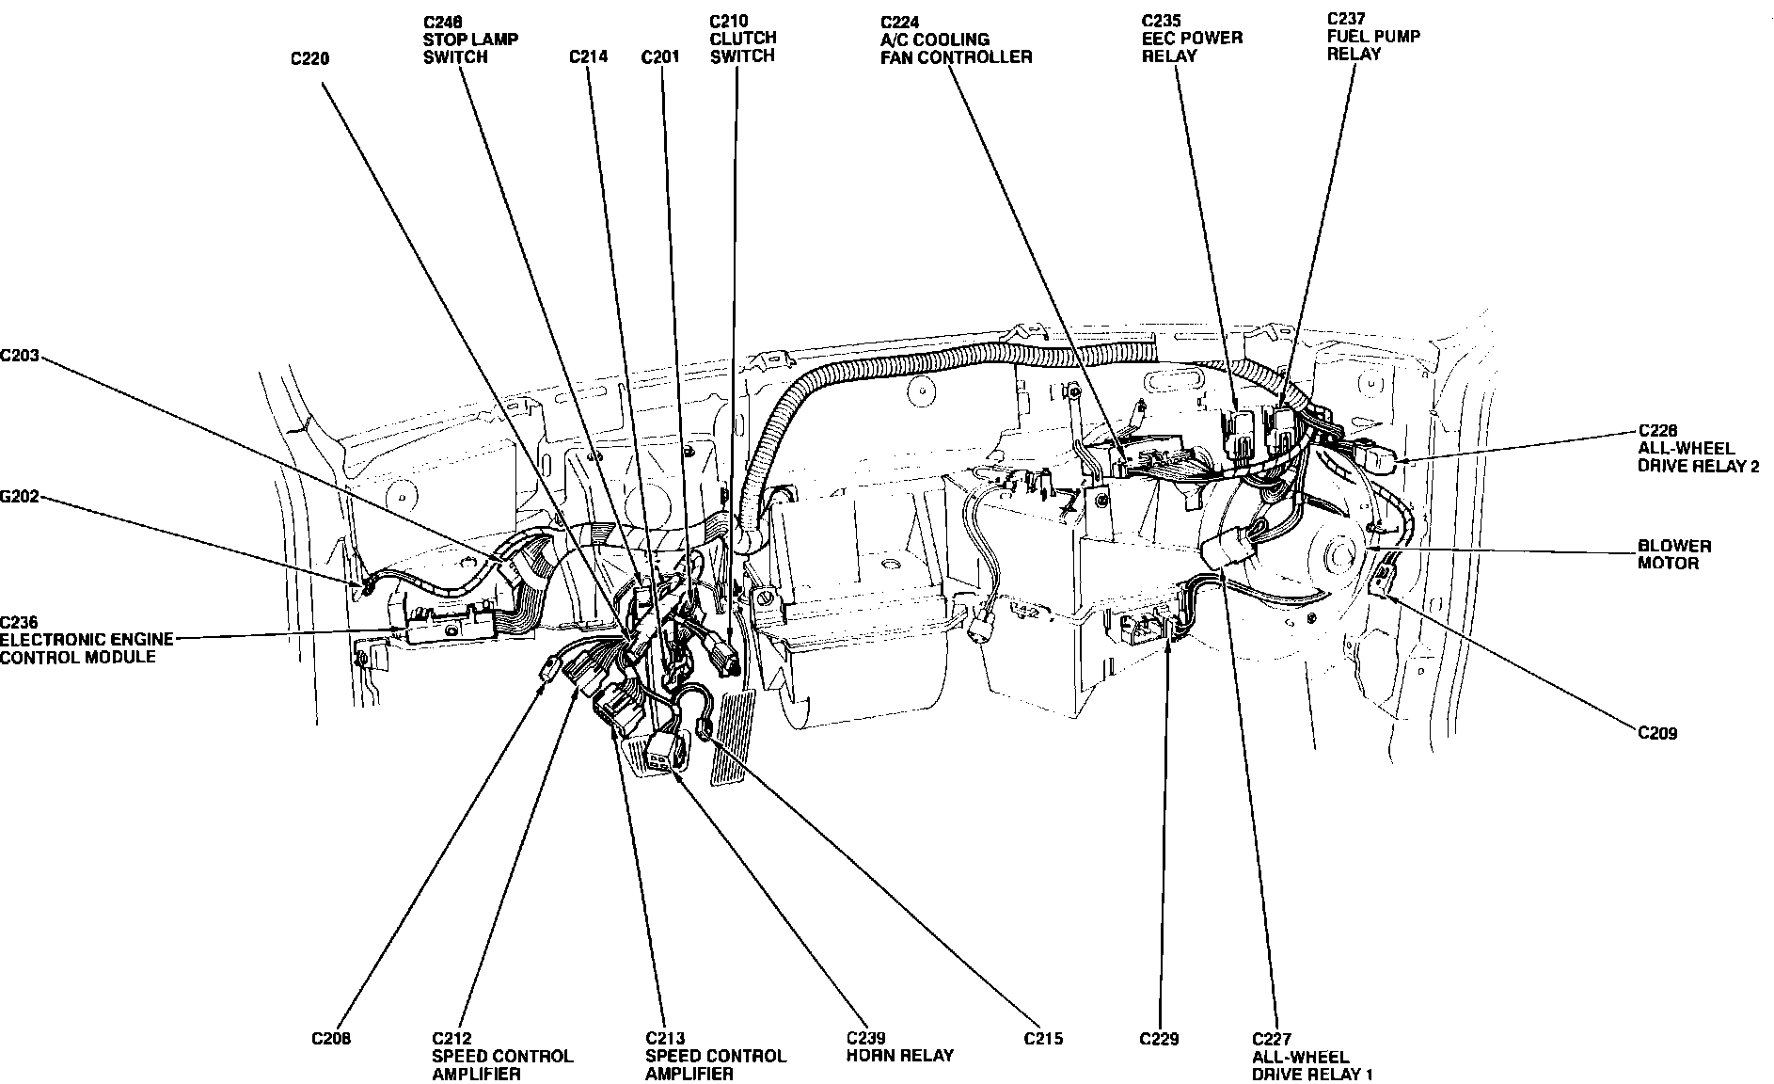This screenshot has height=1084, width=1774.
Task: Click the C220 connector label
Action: pos(309,58)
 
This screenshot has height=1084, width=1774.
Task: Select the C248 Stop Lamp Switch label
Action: pos(469,39)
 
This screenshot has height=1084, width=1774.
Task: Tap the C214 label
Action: pos(588,56)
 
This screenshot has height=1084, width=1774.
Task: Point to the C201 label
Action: pos(659,57)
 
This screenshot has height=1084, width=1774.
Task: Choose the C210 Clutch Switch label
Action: pos(742,38)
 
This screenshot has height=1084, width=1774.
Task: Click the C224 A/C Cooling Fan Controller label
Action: pos(956,40)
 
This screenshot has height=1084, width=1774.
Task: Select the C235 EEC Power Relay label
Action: pos(1192,38)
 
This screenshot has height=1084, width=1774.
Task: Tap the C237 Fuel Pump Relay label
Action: pos(1373,36)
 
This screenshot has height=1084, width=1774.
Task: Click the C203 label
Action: pos(19,356)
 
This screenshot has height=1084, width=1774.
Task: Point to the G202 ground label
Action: pos(19,497)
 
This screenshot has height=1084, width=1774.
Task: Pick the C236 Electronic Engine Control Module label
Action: pos(87,639)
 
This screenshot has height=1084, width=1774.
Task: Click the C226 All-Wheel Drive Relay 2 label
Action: pos(1698,448)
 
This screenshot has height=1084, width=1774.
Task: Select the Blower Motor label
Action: pos(1674,554)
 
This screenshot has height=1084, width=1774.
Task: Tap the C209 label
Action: pos(1657,733)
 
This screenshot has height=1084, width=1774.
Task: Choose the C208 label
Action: pos(331,1039)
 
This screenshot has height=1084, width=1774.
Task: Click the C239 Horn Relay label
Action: pos(899,1047)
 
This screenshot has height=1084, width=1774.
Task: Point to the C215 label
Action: pos(1043,1039)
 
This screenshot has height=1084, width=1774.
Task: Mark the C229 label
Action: pos(1158,1039)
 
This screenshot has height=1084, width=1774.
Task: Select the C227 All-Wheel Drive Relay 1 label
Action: pos(1312,1057)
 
